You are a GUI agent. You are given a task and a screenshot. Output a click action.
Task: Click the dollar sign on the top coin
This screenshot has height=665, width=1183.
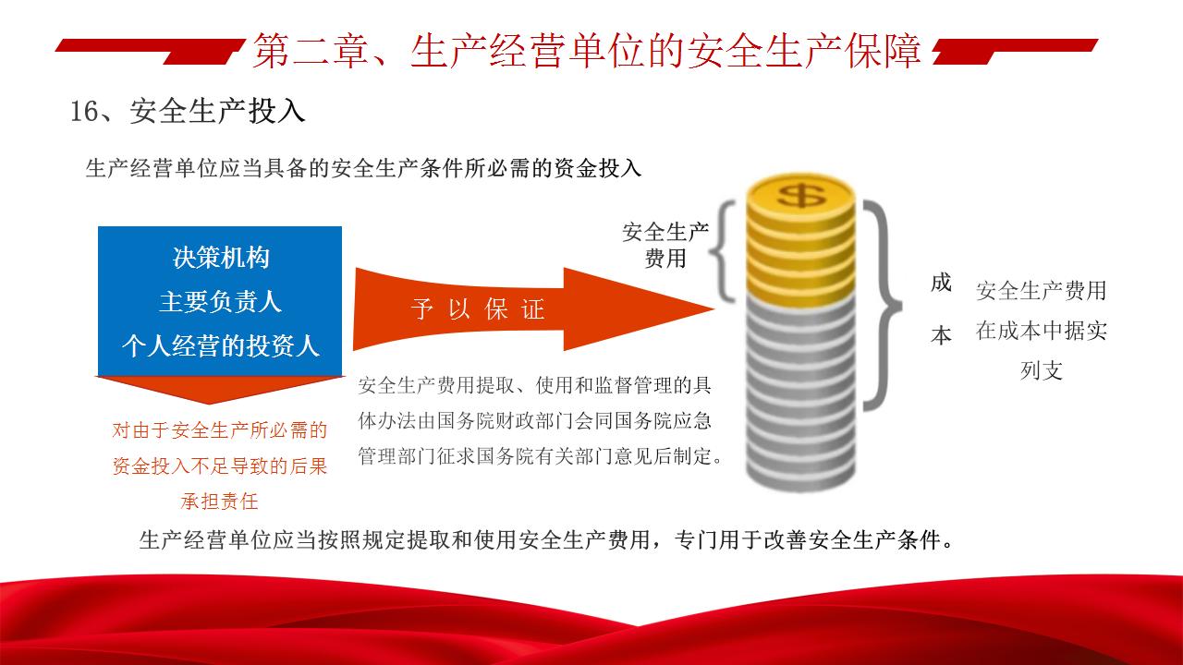pyautogui.click(x=800, y=195)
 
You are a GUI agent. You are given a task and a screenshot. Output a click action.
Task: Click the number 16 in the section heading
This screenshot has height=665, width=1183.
pyautogui.click(x=83, y=112)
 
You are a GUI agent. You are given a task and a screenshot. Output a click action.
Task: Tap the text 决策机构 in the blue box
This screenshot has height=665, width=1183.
pyautogui.click(x=221, y=258)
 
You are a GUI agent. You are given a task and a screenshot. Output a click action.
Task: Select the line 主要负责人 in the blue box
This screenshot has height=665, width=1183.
pyautogui.click(x=220, y=302)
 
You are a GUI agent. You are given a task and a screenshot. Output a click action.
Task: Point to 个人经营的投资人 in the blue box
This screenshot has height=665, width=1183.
pyautogui.click(x=221, y=346)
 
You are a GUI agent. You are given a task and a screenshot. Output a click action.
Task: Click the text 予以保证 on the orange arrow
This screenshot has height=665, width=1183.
pyautogui.click(x=478, y=308)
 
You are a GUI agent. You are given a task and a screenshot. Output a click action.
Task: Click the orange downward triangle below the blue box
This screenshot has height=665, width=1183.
pyautogui.click(x=219, y=389)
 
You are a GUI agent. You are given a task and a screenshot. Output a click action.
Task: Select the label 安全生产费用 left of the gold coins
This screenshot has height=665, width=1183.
pyautogui.click(x=665, y=246)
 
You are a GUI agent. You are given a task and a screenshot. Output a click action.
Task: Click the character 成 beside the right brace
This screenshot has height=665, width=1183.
pyautogui.click(x=941, y=283)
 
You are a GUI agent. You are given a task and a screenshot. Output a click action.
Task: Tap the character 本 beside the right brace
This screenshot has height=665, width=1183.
pyautogui.click(x=941, y=335)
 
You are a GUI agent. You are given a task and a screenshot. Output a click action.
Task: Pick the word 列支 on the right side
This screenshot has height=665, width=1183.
pyautogui.click(x=1041, y=370)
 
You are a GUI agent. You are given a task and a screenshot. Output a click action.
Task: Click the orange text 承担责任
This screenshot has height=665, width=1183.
pyautogui.click(x=219, y=502)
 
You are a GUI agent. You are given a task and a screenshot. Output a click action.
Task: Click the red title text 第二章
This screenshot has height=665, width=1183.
pyautogui.click(x=311, y=51)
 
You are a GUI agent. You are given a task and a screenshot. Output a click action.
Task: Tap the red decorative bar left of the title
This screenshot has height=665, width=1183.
pyautogui.click(x=151, y=51)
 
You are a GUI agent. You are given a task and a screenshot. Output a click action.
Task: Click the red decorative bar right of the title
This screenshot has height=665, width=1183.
pyautogui.click(x=1015, y=51)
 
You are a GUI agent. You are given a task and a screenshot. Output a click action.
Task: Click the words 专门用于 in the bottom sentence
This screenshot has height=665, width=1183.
pyautogui.click(x=719, y=540)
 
